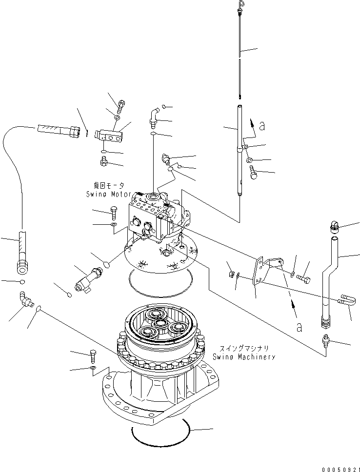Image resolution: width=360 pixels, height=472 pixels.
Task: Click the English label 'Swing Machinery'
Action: pyautogui.click(x=243, y=356)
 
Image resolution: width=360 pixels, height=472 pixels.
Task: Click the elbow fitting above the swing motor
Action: pyautogui.click(x=154, y=115)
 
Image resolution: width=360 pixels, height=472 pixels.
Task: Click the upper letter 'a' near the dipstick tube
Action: pyautogui.click(x=262, y=126)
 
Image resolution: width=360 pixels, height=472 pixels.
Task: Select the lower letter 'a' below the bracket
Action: pyautogui.click(x=298, y=327)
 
